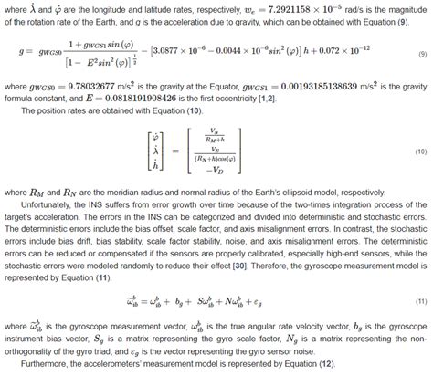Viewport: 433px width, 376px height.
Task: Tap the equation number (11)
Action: (421, 298)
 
